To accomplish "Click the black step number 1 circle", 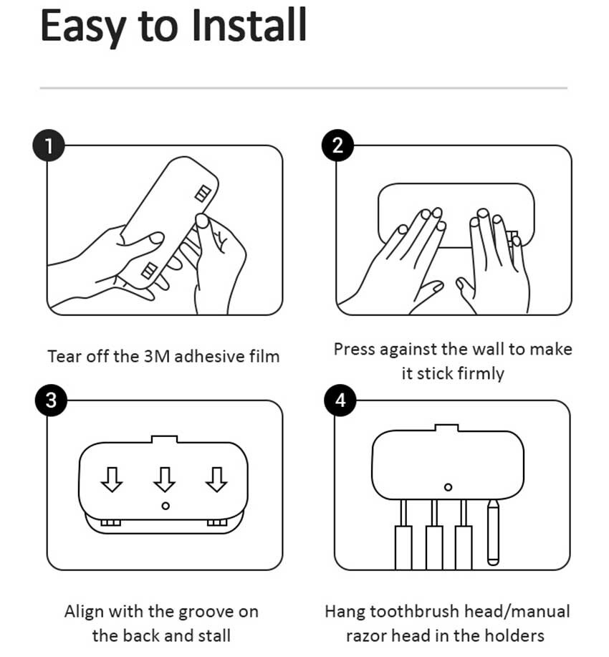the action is (49, 145).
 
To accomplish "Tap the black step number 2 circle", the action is (337, 145).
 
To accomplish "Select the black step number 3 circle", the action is (51, 401).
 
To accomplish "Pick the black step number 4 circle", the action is (340, 401).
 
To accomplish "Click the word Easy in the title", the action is (83, 28).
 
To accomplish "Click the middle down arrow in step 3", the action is (164, 479).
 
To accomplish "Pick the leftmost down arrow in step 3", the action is (112, 479).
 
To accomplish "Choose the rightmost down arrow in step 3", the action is (216, 479).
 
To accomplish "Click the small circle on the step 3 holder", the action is (166, 506).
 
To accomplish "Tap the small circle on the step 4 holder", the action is (448, 487).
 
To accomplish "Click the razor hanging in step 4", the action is (493, 532).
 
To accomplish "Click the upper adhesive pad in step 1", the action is (203, 193).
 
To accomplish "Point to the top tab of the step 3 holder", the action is (164, 438).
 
